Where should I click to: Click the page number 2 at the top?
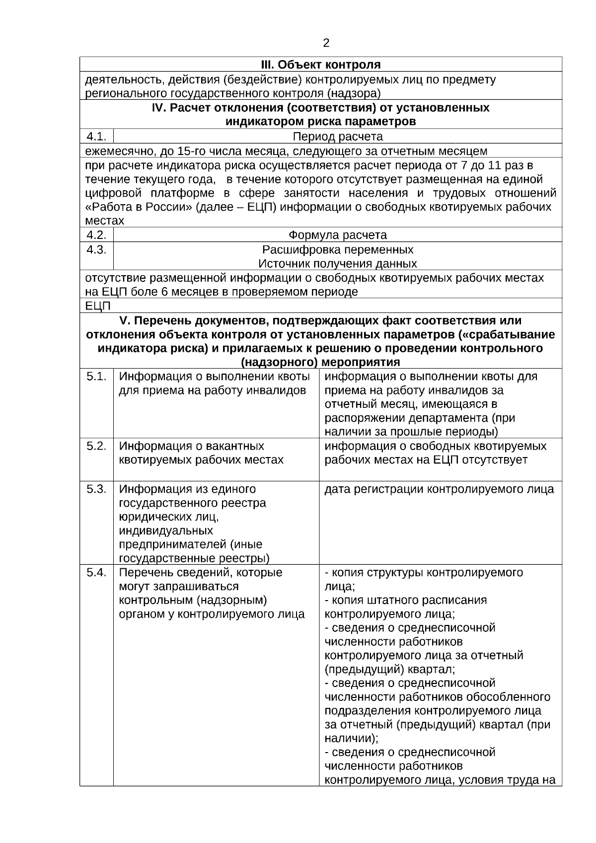coord(326,43)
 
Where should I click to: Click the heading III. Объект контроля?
coord(321,65)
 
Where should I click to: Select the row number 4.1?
coord(96,136)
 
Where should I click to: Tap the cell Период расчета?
coord(338,137)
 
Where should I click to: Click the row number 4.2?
coord(96,235)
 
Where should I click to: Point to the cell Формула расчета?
coord(338,235)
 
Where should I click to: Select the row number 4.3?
coord(96,249)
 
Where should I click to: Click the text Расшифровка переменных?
coord(338,249)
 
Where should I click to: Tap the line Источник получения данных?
coord(338,263)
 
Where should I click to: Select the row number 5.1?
coord(96,377)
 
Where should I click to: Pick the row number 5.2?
coord(96,446)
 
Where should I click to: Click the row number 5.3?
coord(96,489)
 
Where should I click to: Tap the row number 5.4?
coord(96,572)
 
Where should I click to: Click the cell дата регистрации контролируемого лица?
coord(439,489)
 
